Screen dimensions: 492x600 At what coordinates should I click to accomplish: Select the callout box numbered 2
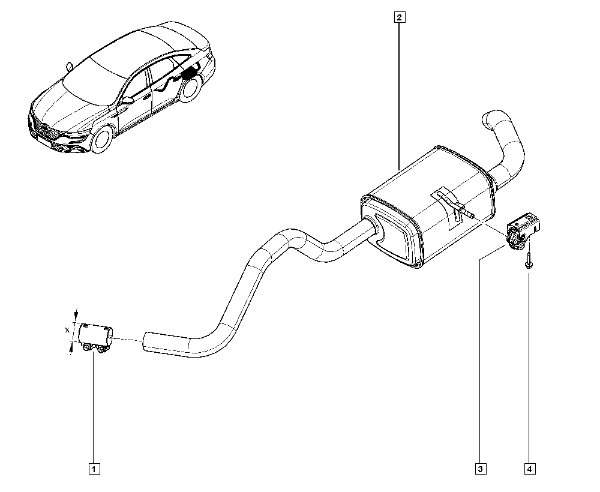400,17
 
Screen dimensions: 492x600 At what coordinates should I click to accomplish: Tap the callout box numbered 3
480,469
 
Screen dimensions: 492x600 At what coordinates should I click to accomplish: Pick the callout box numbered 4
529,469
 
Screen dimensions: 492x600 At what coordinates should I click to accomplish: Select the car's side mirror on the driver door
127,100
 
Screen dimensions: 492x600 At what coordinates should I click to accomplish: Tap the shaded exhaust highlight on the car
191,74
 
